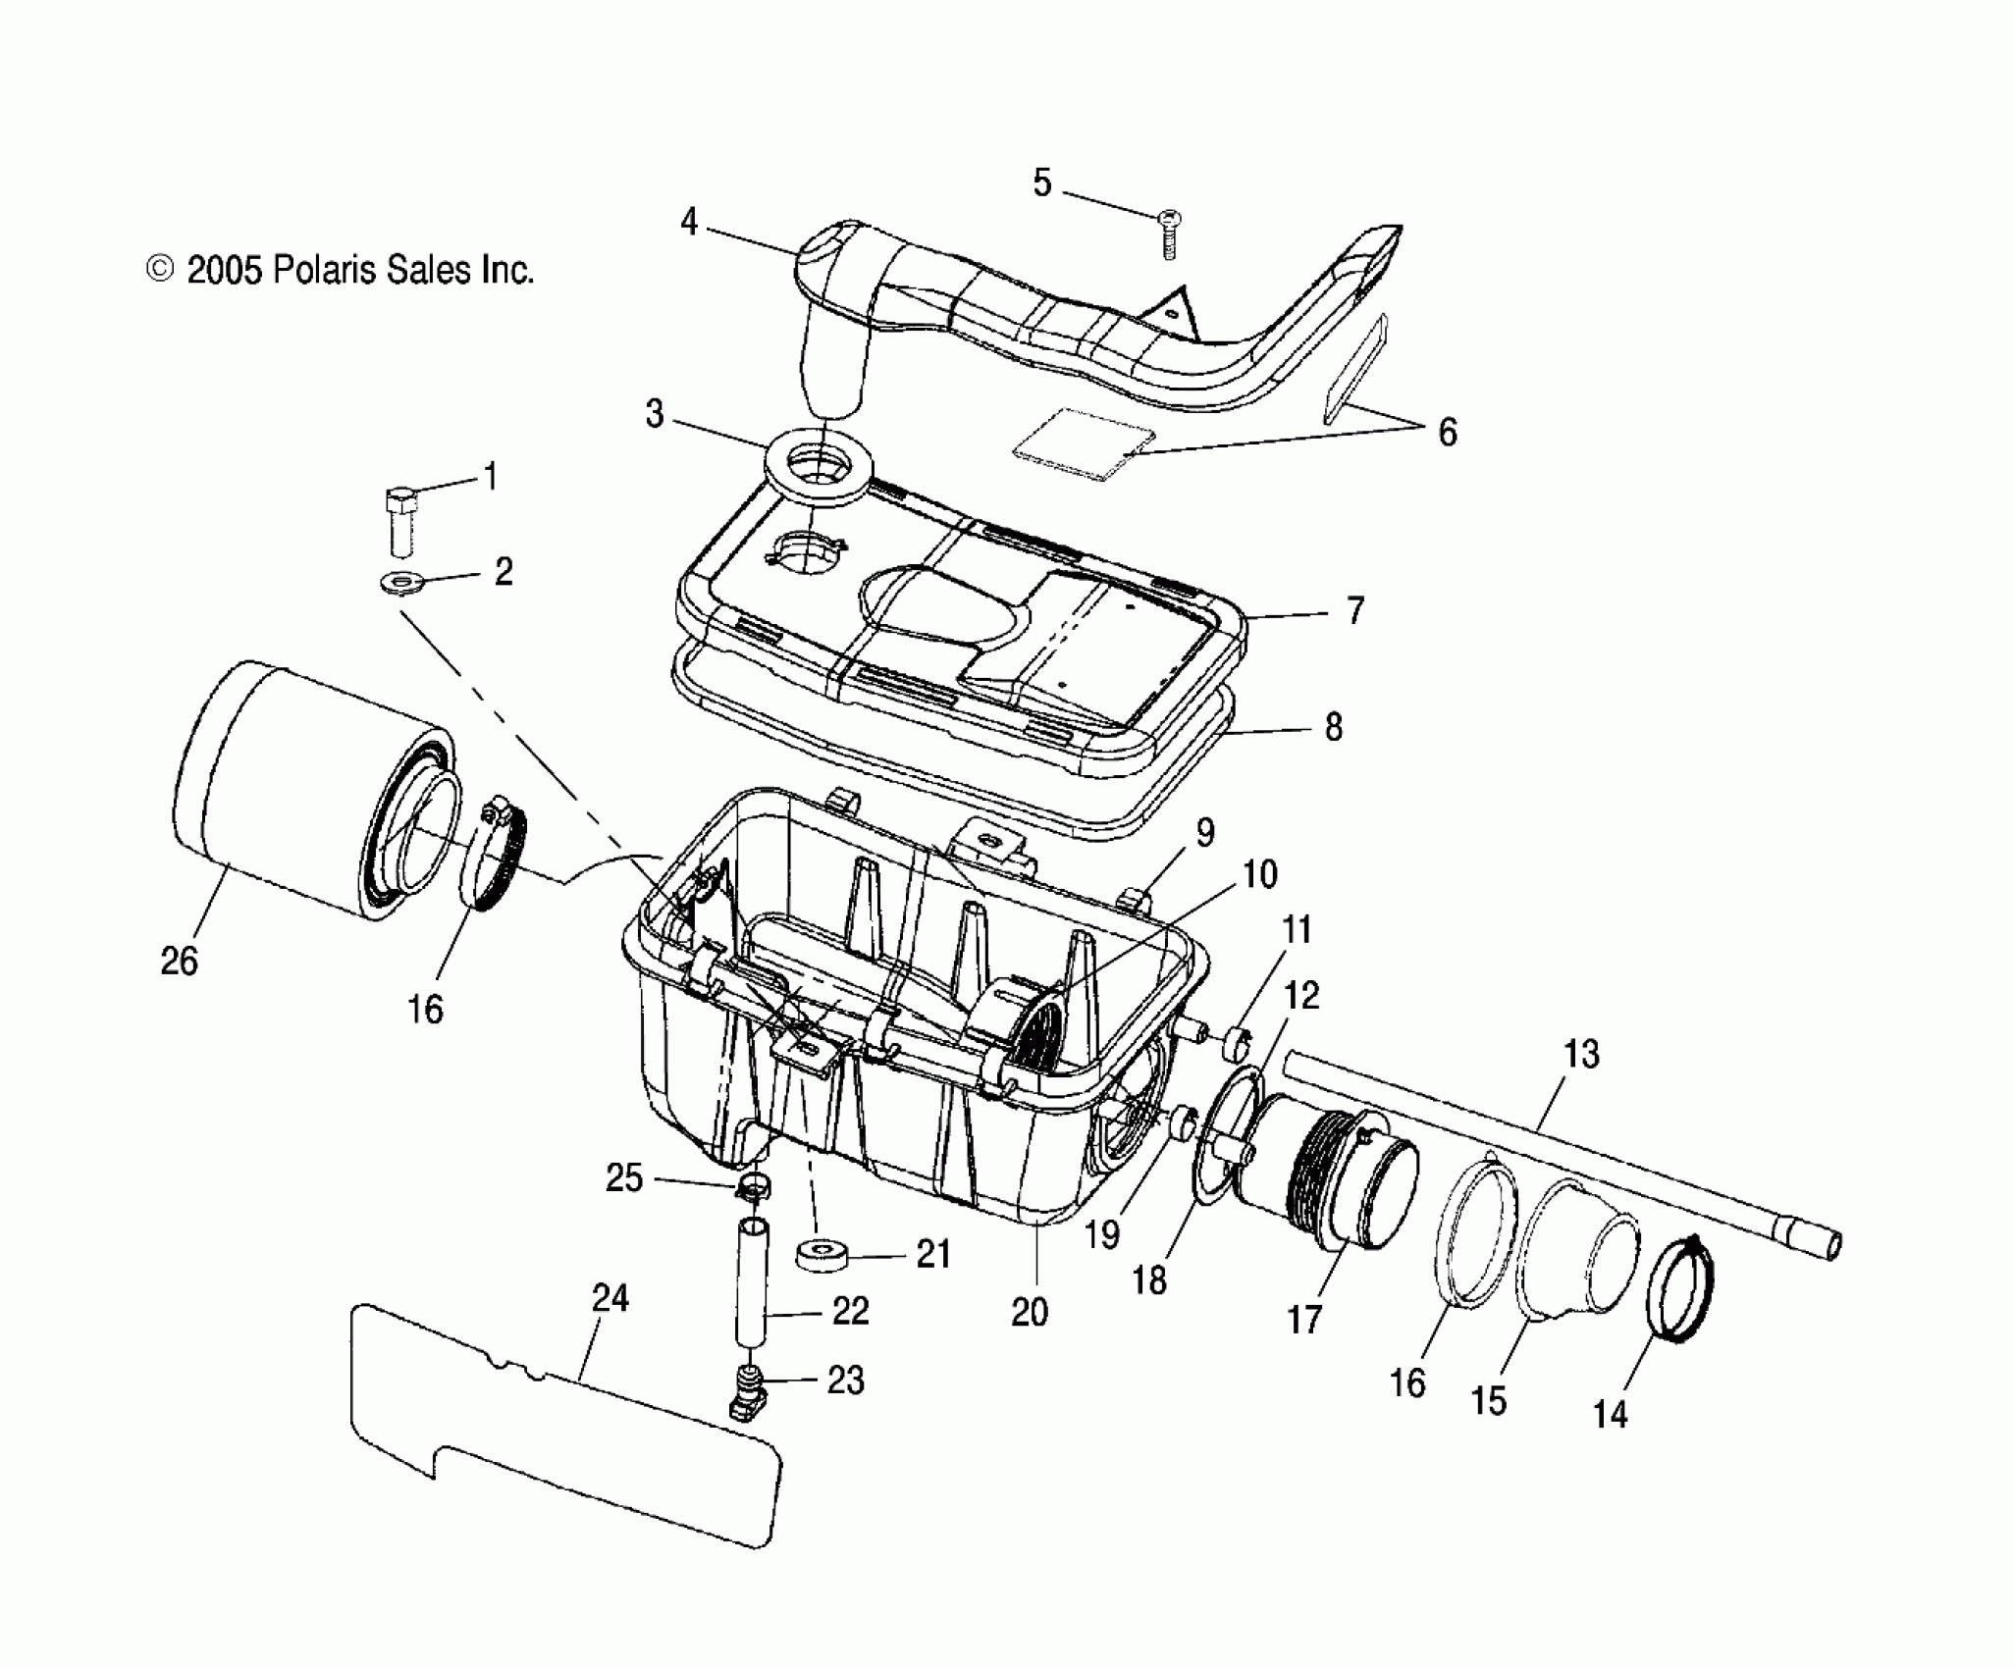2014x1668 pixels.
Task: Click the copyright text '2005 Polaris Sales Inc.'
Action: tap(359, 270)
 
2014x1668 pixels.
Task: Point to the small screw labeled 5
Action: tap(1169, 234)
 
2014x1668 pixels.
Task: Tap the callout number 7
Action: tap(1354, 611)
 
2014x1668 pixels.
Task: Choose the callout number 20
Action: tap(1030, 1312)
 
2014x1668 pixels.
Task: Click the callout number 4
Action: tap(689, 223)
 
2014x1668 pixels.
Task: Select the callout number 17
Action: tap(1304, 1320)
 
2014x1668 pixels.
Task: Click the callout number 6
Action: tap(1448, 432)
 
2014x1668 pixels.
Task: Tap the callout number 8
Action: tap(1332, 727)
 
